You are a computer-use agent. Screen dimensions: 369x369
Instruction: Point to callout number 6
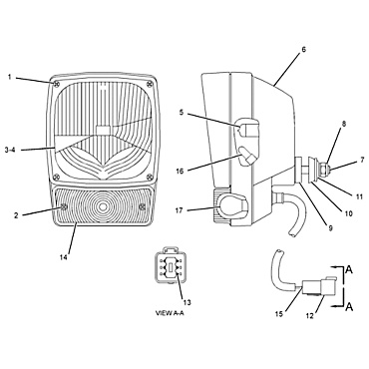[303, 48]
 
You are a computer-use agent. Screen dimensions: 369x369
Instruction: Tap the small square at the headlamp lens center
[104, 131]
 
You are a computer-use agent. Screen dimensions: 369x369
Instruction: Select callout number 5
[181, 114]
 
